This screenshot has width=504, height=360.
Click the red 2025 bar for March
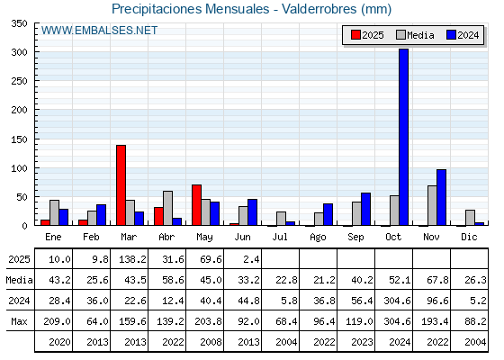click(121, 185)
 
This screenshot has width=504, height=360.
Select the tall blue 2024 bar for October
click(403, 137)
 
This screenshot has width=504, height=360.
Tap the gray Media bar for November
click(432, 205)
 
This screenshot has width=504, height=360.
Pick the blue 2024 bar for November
click(441, 197)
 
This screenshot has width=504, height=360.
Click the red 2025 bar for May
click(196, 205)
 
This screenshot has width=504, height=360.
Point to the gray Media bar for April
click(167, 208)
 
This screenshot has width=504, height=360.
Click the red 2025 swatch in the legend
click(355, 35)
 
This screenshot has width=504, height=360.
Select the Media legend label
click(420, 35)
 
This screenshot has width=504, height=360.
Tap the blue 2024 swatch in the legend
click(451, 35)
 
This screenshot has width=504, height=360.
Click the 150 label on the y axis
click(19, 139)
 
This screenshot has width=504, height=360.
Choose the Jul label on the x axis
click(280, 237)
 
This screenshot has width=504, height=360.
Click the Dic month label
click(469, 237)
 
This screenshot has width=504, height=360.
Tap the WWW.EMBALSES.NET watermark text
click(99, 31)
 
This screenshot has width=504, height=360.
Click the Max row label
click(19, 321)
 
